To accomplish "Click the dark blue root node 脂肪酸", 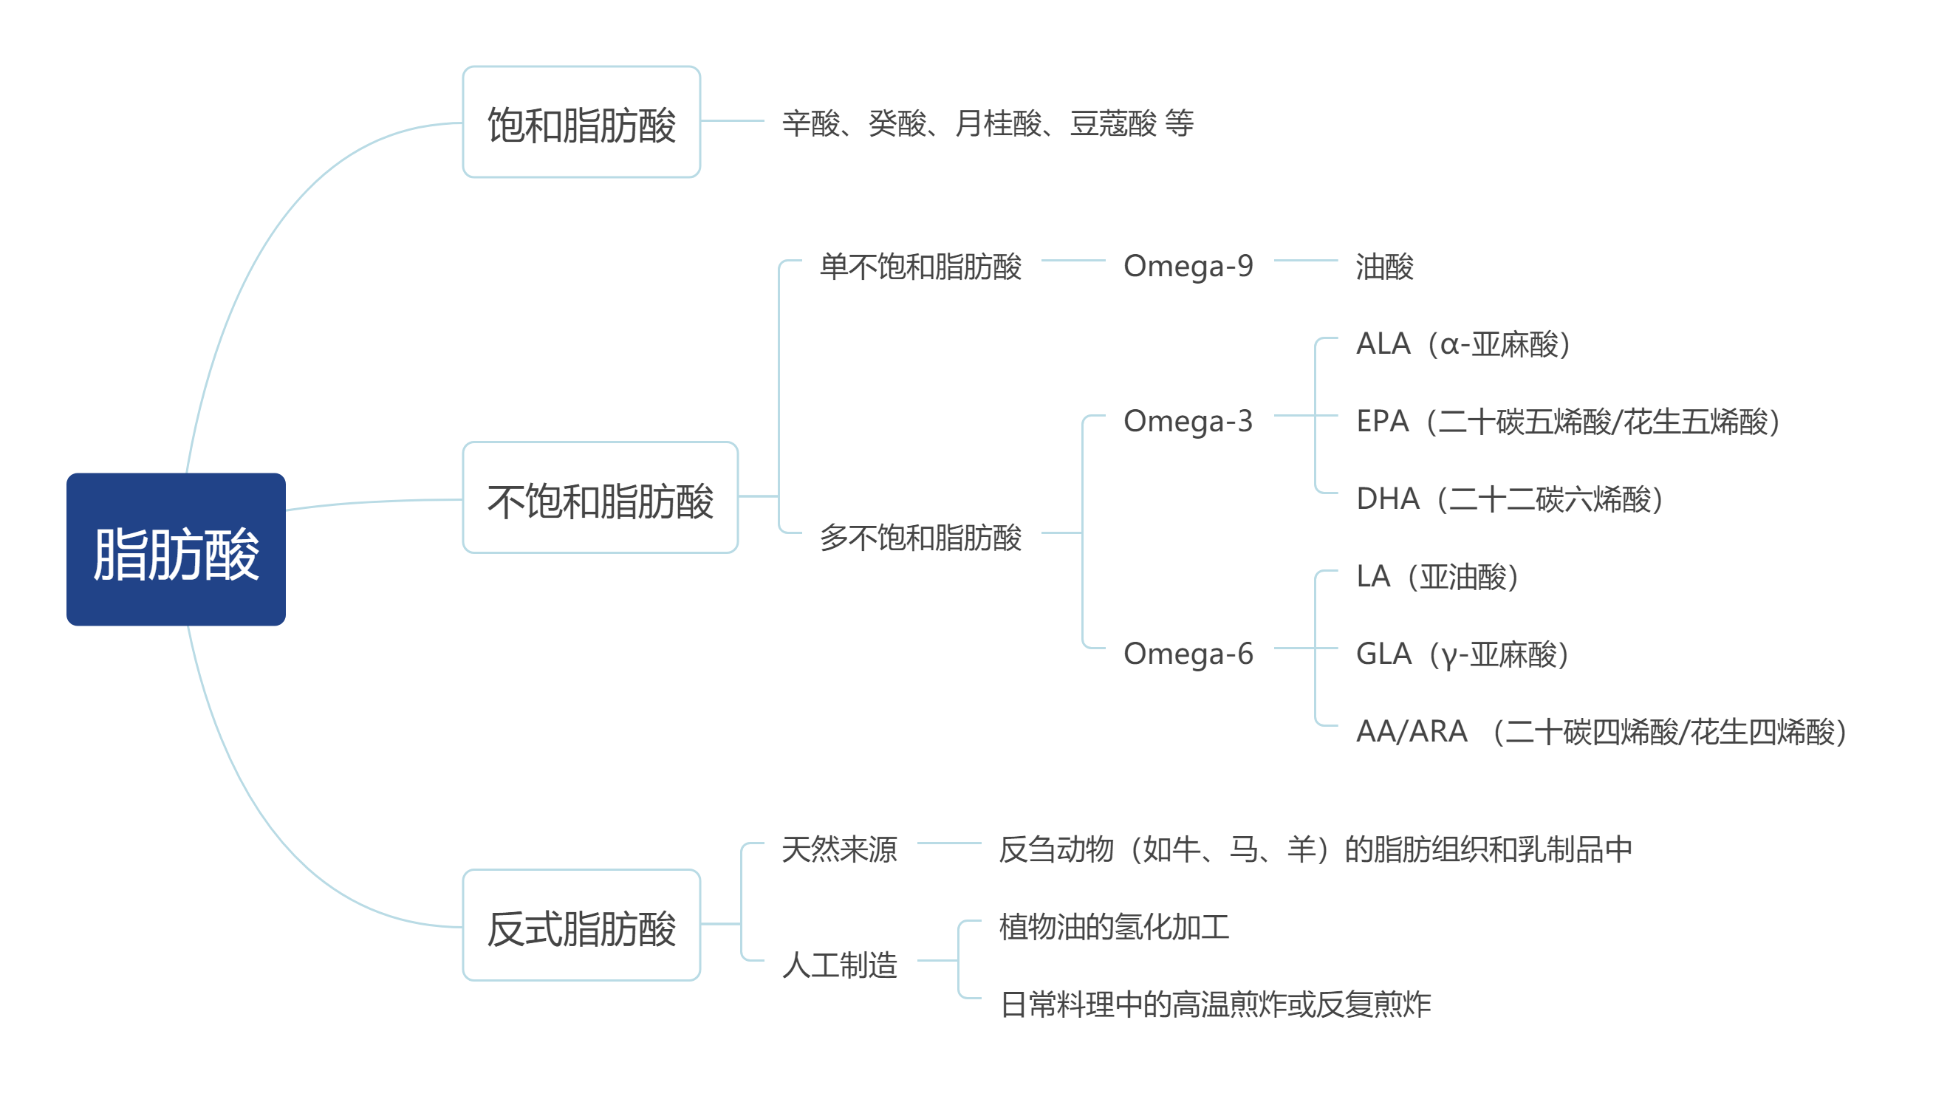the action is point(176,549).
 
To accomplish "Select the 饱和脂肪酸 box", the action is point(581,122).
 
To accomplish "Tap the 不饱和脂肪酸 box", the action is point(601,497).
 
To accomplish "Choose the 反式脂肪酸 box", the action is point(581,925).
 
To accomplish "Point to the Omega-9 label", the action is point(1188,267).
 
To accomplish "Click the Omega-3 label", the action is point(1188,422).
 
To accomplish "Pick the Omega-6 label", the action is point(1188,654).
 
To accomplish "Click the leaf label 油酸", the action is point(1384,267).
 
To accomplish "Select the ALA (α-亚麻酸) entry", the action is point(1463,344).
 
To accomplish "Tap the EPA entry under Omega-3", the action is point(1567,422).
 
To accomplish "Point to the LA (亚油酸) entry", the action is point(1437,577).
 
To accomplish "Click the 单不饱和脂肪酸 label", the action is point(920,267).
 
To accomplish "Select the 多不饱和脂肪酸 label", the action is point(920,538).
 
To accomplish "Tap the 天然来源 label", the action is point(840,849).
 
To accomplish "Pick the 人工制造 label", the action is point(840,965).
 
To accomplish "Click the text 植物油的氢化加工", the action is point(1115,926).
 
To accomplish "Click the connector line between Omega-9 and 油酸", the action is point(1306,261).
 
